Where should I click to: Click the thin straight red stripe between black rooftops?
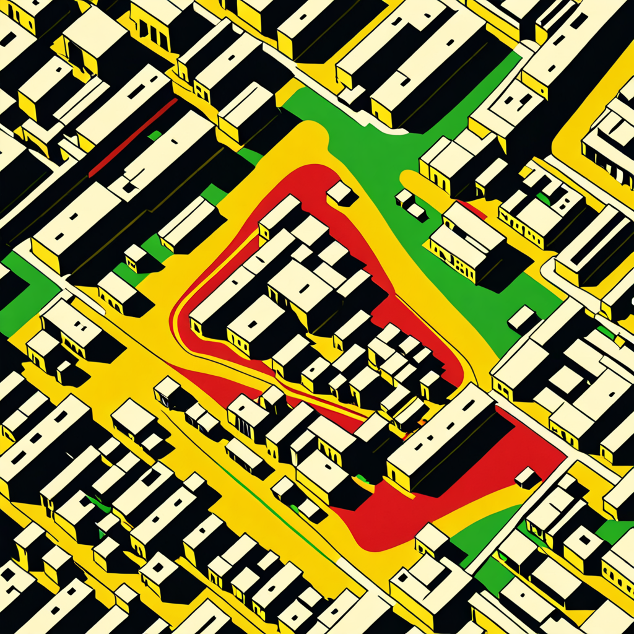tap(133, 137)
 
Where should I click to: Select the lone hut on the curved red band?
tap(341, 193)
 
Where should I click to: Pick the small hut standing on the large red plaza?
tap(527, 477)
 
